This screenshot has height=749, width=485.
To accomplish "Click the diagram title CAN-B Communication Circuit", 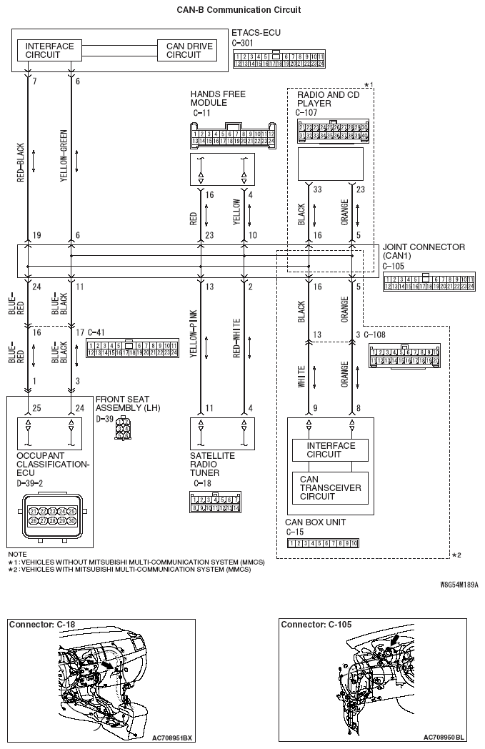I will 239,10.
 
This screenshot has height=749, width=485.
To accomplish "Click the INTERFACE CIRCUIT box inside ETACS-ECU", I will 49,50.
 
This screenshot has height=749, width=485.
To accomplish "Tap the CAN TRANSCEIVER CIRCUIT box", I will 330,487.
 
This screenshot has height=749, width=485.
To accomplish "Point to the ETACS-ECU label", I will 256,33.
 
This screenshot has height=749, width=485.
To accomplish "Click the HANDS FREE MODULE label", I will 217,98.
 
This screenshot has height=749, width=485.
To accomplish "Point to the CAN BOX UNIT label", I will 315,522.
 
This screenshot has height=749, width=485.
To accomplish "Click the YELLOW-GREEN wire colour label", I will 64,155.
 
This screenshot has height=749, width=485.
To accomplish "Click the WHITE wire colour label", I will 301,378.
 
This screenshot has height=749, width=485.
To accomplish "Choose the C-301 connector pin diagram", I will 279,59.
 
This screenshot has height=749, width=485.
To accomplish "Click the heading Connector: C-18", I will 42,625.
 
